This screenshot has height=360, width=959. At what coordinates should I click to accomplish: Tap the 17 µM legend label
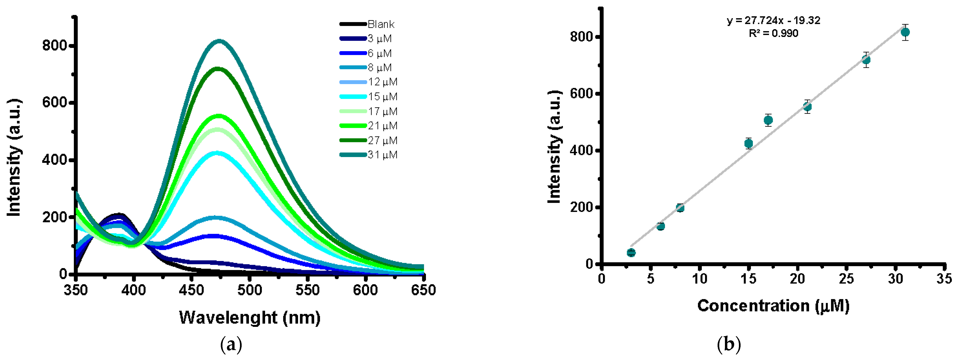pos(382,111)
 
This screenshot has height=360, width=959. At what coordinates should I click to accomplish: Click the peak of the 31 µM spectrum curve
pos(219,41)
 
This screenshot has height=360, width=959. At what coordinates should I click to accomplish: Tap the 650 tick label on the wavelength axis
pos(423,290)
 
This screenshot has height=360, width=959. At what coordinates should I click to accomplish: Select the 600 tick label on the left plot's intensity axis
pos(54,103)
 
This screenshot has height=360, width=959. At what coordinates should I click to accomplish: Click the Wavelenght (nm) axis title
pos(249,318)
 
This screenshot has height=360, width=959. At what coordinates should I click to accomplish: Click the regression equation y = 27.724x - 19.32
pos(774,20)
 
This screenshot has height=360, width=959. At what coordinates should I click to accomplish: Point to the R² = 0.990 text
pos(774,33)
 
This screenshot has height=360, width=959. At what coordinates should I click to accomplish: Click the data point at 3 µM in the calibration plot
pos(631,253)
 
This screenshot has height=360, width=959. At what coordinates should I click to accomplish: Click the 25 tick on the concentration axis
pos(846,279)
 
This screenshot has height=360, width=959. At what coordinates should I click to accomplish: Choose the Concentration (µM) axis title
pos(773,306)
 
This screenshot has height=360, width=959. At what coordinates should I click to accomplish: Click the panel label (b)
pos(728,344)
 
